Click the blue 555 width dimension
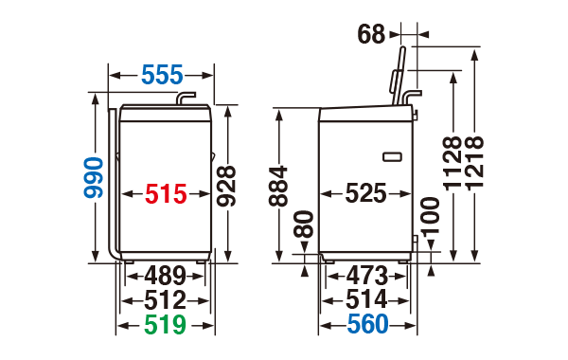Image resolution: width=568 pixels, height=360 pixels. tap(162, 75)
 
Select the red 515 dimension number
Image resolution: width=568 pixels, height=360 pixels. tap(166, 194)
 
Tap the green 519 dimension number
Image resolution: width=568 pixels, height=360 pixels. tap(165, 324)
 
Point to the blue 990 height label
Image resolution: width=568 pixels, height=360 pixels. tap(94, 178)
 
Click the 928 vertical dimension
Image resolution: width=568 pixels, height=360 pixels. tap(226, 186)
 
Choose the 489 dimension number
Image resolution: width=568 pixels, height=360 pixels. tap(165, 277)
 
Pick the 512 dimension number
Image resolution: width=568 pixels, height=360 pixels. tap(165, 300)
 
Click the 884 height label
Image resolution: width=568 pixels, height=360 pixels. tap(278, 187)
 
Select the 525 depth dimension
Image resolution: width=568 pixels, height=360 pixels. tap(365, 193)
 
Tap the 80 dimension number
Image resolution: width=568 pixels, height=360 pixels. tap(304, 224)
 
